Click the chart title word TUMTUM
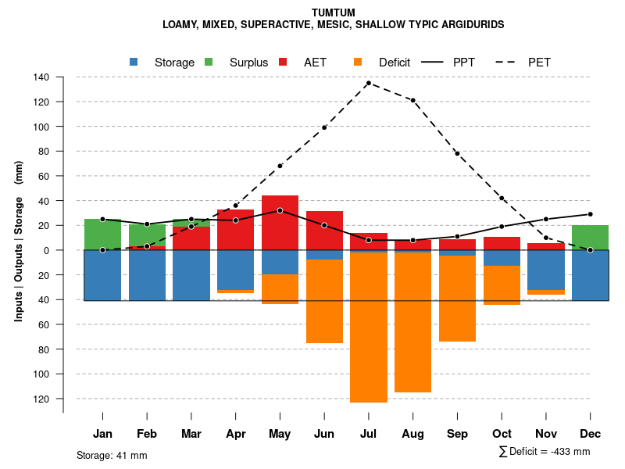pyautogui.click(x=333, y=13)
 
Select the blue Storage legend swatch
pyautogui.click(x=134, y=62)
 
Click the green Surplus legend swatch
pyautogui.click(x=209, y=62)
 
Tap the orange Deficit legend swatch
pyautogui.click(x=358, y=62)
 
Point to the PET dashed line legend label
pyautogui.click(x=539, y=63)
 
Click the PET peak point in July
pyautogui.click(x=368, y=83)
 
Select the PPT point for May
pyautogui.click(x=280, y=210)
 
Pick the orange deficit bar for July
pyautogui.click(x=369, y=328)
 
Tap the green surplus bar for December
pyautogui.click(x=590, y=238)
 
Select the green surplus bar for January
pyautogui.click(x=102, y=234)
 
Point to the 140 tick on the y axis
pyautogui.click(x=41, y=77)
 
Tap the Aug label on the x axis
pyautogui.click(x=412, y=434)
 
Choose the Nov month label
pyautogui.click(x=546, y=434)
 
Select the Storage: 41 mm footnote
pyautogui.click(x=112, y=455)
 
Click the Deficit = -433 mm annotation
pyautogui.click(x=545, y=452)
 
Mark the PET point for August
pyautogui.click(x=412, y=100)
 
